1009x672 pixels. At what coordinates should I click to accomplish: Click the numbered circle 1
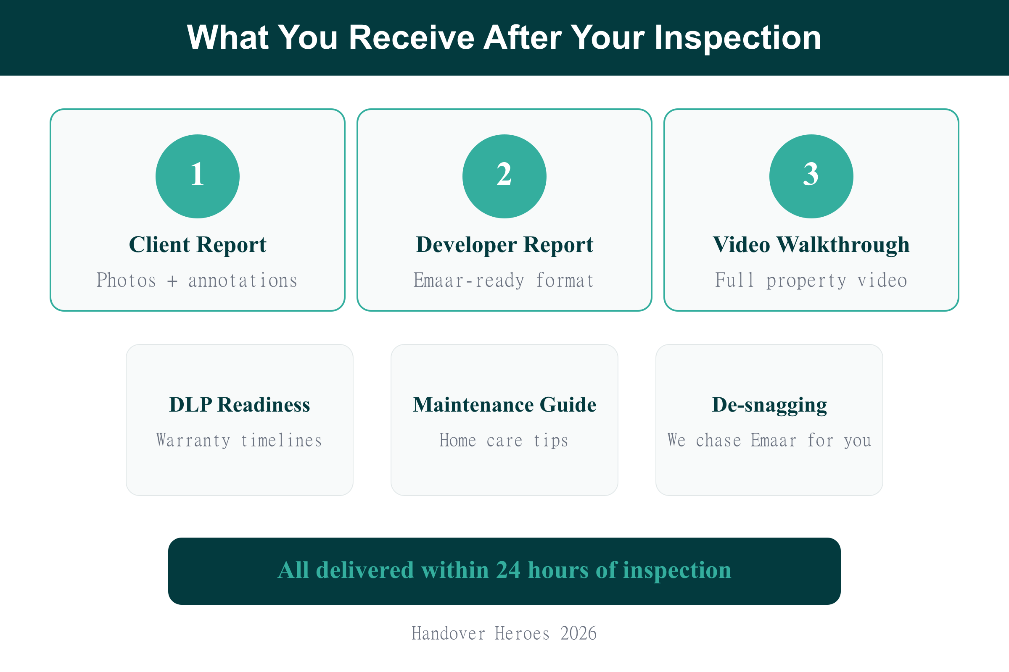point(197,176)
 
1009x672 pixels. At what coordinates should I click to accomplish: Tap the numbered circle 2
point(504,176)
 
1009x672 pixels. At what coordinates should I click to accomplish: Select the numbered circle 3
point(811,176)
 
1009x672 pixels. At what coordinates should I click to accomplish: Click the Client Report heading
point(197,245)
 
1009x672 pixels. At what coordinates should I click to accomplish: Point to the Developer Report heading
point(504,245)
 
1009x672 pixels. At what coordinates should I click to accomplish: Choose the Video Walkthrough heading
point(811,245)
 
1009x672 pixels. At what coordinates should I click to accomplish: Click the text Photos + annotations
point(197,281)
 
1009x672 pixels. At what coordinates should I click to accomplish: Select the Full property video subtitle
point(811,281)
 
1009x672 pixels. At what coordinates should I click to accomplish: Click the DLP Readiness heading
point(239,405)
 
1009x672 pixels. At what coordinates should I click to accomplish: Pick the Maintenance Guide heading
point(504,405)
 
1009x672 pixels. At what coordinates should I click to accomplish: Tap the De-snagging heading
point(769,405)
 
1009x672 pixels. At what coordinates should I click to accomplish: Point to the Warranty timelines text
point(239,441)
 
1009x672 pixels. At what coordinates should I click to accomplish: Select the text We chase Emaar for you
point(769,441)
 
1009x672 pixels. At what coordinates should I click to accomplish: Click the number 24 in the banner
point(508,570)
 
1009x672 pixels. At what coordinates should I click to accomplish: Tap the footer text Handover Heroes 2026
point(504,633)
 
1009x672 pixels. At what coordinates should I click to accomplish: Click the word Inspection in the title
point(737,38)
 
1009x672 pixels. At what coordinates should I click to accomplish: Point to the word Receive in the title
point(412,38)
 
